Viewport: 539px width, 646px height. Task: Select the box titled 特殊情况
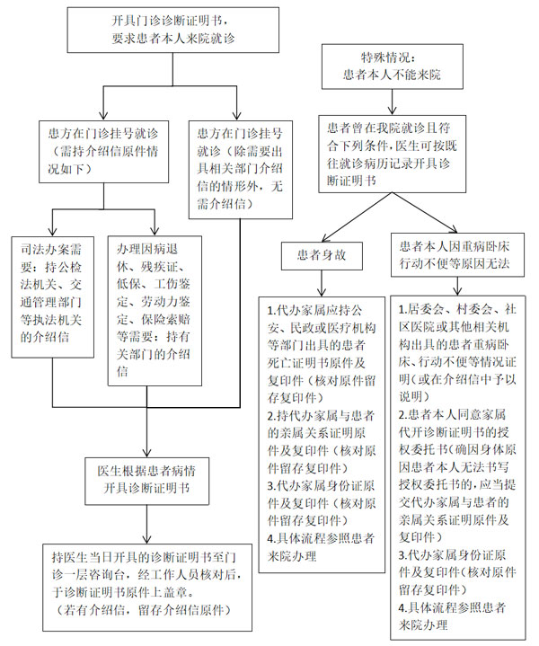coord(392,66)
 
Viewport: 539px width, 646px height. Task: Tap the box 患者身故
coord(322,253)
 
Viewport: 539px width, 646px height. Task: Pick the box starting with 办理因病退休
coord(149,296)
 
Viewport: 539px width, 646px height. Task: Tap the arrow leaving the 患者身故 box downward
coord(322,282)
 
